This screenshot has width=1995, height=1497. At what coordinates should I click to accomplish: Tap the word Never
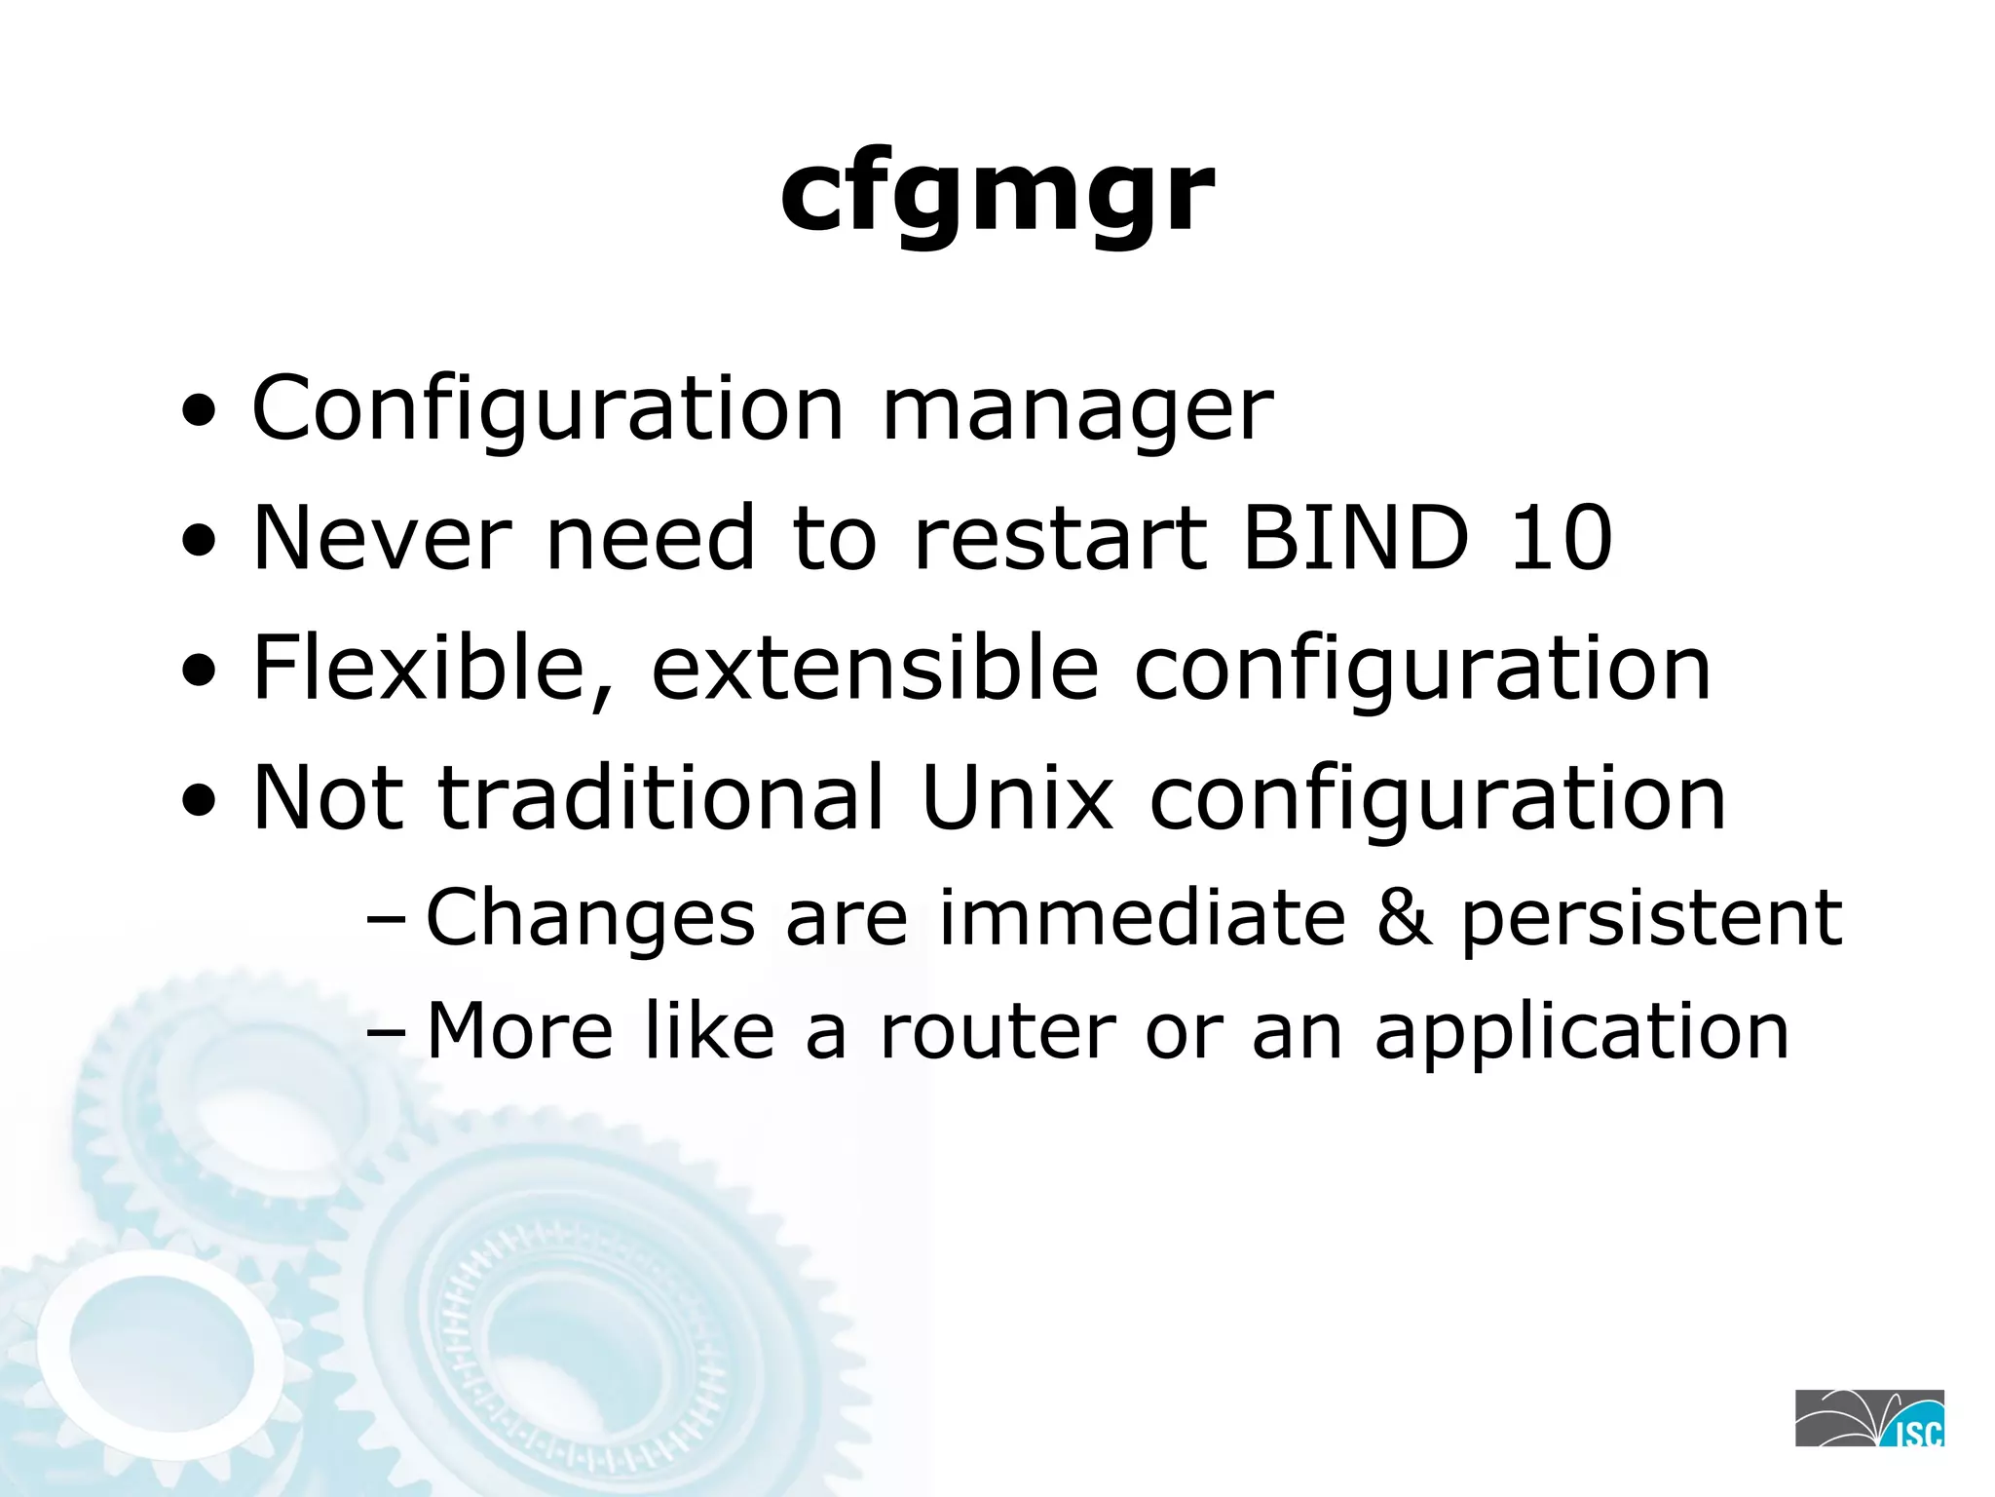click(381, 538)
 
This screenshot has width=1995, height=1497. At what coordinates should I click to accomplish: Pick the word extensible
click(875, 669)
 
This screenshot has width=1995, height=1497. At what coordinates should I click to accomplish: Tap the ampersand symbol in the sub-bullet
click(1404, 918)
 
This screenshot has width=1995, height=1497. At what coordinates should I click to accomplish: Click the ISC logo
click(1869, 1418)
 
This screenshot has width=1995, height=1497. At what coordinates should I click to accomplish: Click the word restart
click(1060, 540)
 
